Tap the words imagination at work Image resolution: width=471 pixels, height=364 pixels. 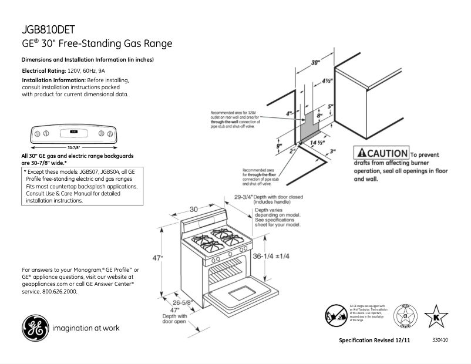[x=86, y=328]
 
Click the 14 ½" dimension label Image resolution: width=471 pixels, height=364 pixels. [x=318, y=143]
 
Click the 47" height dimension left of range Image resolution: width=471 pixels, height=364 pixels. [x=158, y=258]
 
